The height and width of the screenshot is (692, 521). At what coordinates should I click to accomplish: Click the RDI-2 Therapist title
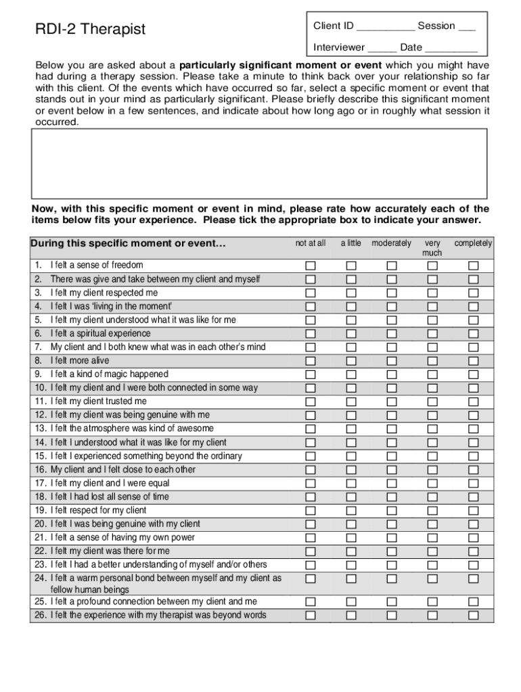pyautogui.click(x=91, y=29)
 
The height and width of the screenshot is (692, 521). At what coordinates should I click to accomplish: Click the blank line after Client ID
pyautogui.click(x=386, y=27)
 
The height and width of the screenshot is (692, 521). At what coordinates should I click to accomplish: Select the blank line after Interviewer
pyautogui.click(x=382, y=49)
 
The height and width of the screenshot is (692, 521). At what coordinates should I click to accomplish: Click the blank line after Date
pyautogui.click(x=451, y=49)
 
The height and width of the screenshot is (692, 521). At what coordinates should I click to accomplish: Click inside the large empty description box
pyautogui.click(x=259, y=163)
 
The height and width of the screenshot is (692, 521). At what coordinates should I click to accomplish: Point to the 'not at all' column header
pyautogui.click(x=311, y=243)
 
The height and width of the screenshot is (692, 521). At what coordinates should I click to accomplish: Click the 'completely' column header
pyautogui.click(x=474, y=243)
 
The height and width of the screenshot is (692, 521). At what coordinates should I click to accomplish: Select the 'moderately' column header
pyautogui.click(x=391, y=243)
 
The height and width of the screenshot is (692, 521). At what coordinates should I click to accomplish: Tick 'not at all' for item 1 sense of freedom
pyautogui.click(x=311, y=266)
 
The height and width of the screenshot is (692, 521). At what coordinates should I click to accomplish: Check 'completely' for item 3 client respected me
pyautogui.click(x=474, y=293)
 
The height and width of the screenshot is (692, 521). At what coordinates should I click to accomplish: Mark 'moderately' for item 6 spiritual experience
pyautogui.click(x=392, y=334)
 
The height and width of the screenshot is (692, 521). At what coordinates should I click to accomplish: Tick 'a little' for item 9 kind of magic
pyautogui.click(x=351, y=374)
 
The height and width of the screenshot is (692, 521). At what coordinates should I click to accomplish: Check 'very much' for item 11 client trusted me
pyautogui.click(x=432, y=401)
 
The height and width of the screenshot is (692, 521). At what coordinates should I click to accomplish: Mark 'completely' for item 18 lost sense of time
pyautogui.click(x=474, y=497)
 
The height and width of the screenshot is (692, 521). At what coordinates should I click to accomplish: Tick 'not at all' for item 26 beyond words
pyautogui.click(x=311, y=615)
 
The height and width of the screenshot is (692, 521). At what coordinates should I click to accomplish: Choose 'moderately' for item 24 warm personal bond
pyautogui.click(x=392, y=578)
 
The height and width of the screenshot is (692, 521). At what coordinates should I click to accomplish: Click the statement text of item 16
pyautogui.click(x=123, y=470)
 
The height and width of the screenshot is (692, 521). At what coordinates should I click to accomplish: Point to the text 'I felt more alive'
pyautogui.click(x=80, y=361)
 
